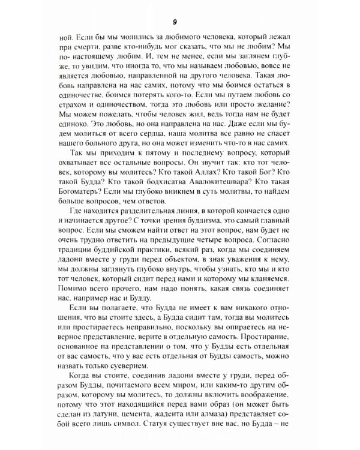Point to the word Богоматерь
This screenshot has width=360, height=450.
(77, 209)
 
